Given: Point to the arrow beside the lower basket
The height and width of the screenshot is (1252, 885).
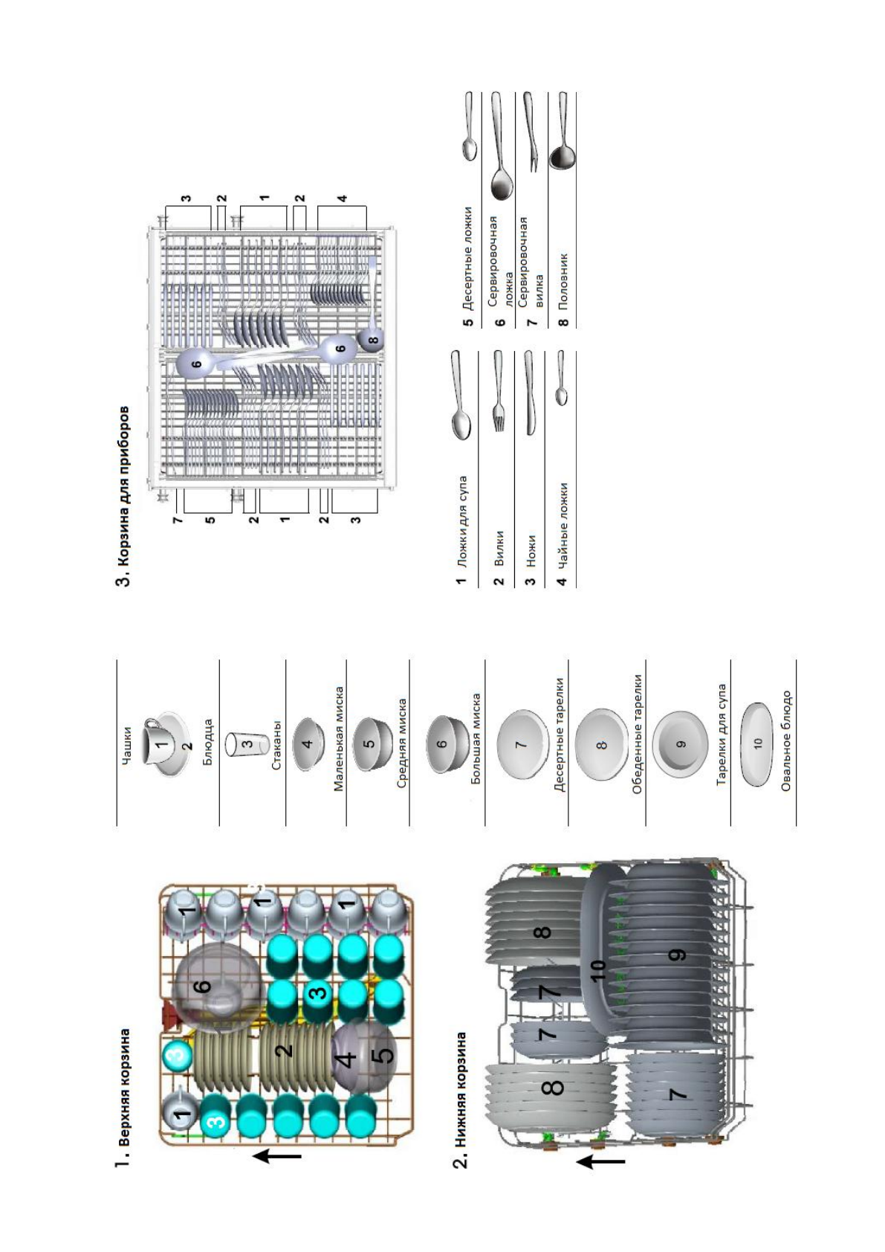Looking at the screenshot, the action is (x=600, y=1161).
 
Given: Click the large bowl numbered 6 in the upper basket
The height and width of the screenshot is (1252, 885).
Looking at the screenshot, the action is (x=216, y=987).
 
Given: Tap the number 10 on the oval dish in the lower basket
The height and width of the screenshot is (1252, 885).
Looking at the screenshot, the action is (x=599, y=969).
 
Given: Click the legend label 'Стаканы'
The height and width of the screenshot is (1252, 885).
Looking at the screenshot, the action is (x=276, y=745).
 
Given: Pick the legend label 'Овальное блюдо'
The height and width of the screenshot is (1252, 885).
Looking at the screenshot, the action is (x=786, y=740).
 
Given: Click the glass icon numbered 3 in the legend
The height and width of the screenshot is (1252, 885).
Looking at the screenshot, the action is (x=245, y=743).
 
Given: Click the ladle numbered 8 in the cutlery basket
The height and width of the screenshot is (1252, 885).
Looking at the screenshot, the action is (x=372, y=339).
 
